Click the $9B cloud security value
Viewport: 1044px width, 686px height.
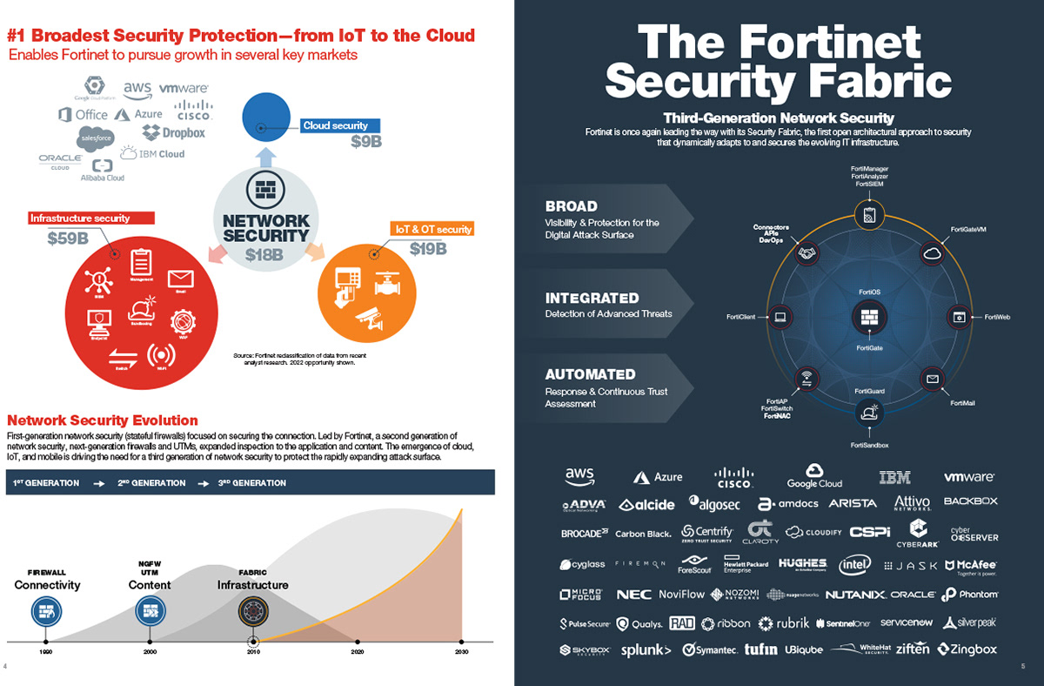click(366, 142)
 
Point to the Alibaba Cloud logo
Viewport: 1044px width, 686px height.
click(103, 170)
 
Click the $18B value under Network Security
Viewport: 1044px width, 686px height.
click(264, 254)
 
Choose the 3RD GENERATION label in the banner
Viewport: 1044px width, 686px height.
click(252, 482)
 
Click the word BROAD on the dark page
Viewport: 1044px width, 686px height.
click(571, 206)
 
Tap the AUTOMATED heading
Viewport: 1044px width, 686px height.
click(590, 374)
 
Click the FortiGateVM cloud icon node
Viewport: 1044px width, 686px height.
click(933, 253)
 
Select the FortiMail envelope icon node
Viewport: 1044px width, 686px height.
click(933, 380)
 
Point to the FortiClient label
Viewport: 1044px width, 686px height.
click(740, 317)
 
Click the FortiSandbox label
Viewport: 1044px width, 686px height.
click(869, 445)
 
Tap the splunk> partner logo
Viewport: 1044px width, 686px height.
click(646, 649)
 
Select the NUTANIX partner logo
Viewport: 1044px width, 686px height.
click(855, 595)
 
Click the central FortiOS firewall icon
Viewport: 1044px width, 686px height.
click(869, 318)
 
